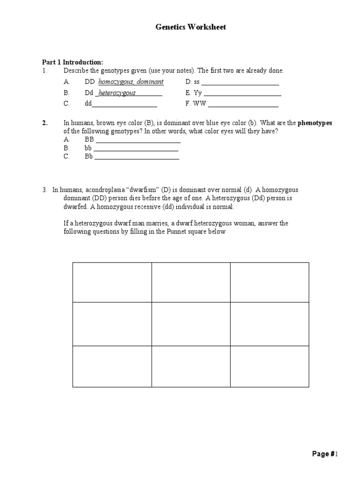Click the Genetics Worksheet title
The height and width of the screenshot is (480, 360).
coord(190,27)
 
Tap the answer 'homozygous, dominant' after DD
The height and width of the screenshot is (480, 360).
coord(131,82)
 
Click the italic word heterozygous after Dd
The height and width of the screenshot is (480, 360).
coord(117,93)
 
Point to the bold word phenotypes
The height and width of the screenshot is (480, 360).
coord(315,123)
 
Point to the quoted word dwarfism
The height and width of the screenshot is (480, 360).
coord(141,190)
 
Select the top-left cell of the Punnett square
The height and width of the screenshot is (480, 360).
coord(112,282)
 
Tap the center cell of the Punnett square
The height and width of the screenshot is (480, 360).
coord(191,324)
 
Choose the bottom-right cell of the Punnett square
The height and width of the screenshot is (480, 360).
coord(270,366)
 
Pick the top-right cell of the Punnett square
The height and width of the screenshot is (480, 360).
coord(270,282)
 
